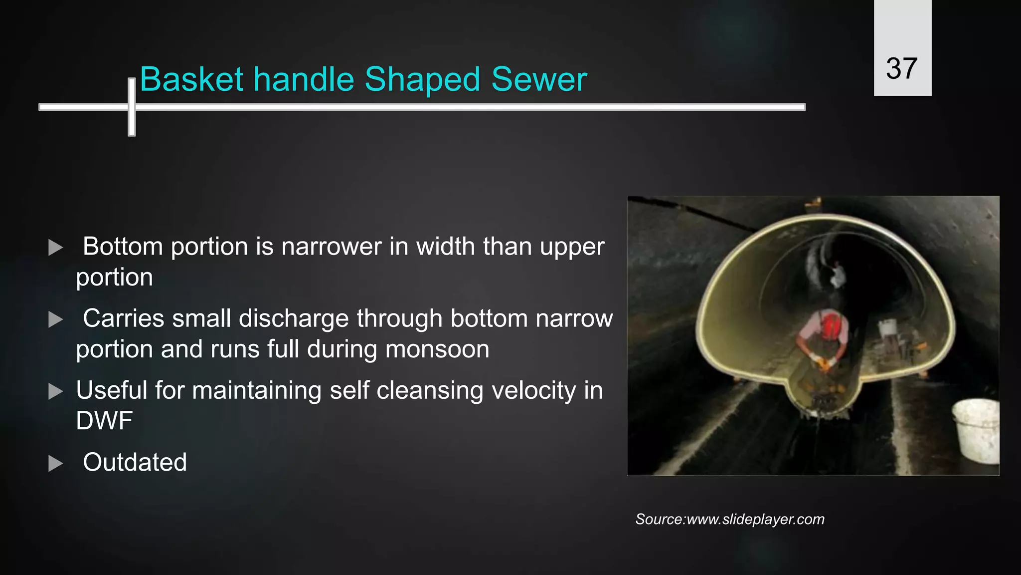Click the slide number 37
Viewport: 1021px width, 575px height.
point(901,68)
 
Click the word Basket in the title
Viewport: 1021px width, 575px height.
point(191,79)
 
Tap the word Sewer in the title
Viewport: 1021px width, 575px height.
point(539,79)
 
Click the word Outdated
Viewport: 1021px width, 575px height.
point(135,462)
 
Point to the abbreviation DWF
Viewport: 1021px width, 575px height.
point(104,421)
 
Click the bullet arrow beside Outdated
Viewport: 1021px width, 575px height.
point(55,464)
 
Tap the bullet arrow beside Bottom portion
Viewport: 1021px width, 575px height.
point(55,248)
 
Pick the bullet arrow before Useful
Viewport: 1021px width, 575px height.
point(55,391)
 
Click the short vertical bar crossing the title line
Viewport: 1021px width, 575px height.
point(132,107)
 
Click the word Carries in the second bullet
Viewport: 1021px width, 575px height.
point(123,318)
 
